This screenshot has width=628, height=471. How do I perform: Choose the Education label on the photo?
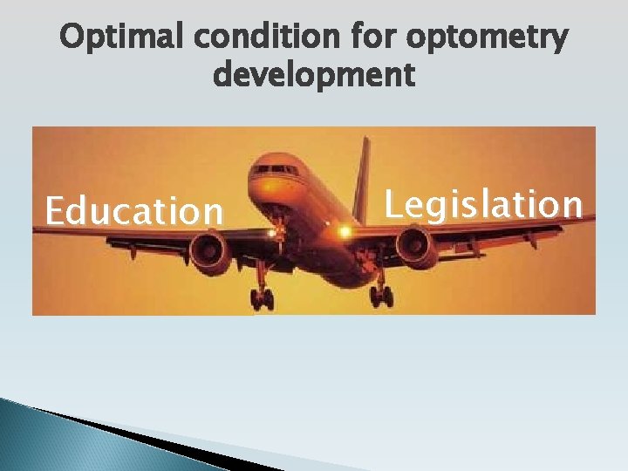point(134,211)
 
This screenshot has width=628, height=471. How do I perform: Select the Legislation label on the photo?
point(483,204)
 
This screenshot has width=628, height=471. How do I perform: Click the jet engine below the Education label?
point(209,253)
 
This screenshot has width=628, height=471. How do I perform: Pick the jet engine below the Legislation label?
point(417,246)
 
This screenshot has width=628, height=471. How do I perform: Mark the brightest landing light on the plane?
point(345,231)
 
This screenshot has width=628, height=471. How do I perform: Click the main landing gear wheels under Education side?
point(262,298)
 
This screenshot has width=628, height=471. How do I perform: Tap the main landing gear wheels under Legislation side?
point(381,295)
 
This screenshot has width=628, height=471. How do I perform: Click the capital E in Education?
point(55,211)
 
